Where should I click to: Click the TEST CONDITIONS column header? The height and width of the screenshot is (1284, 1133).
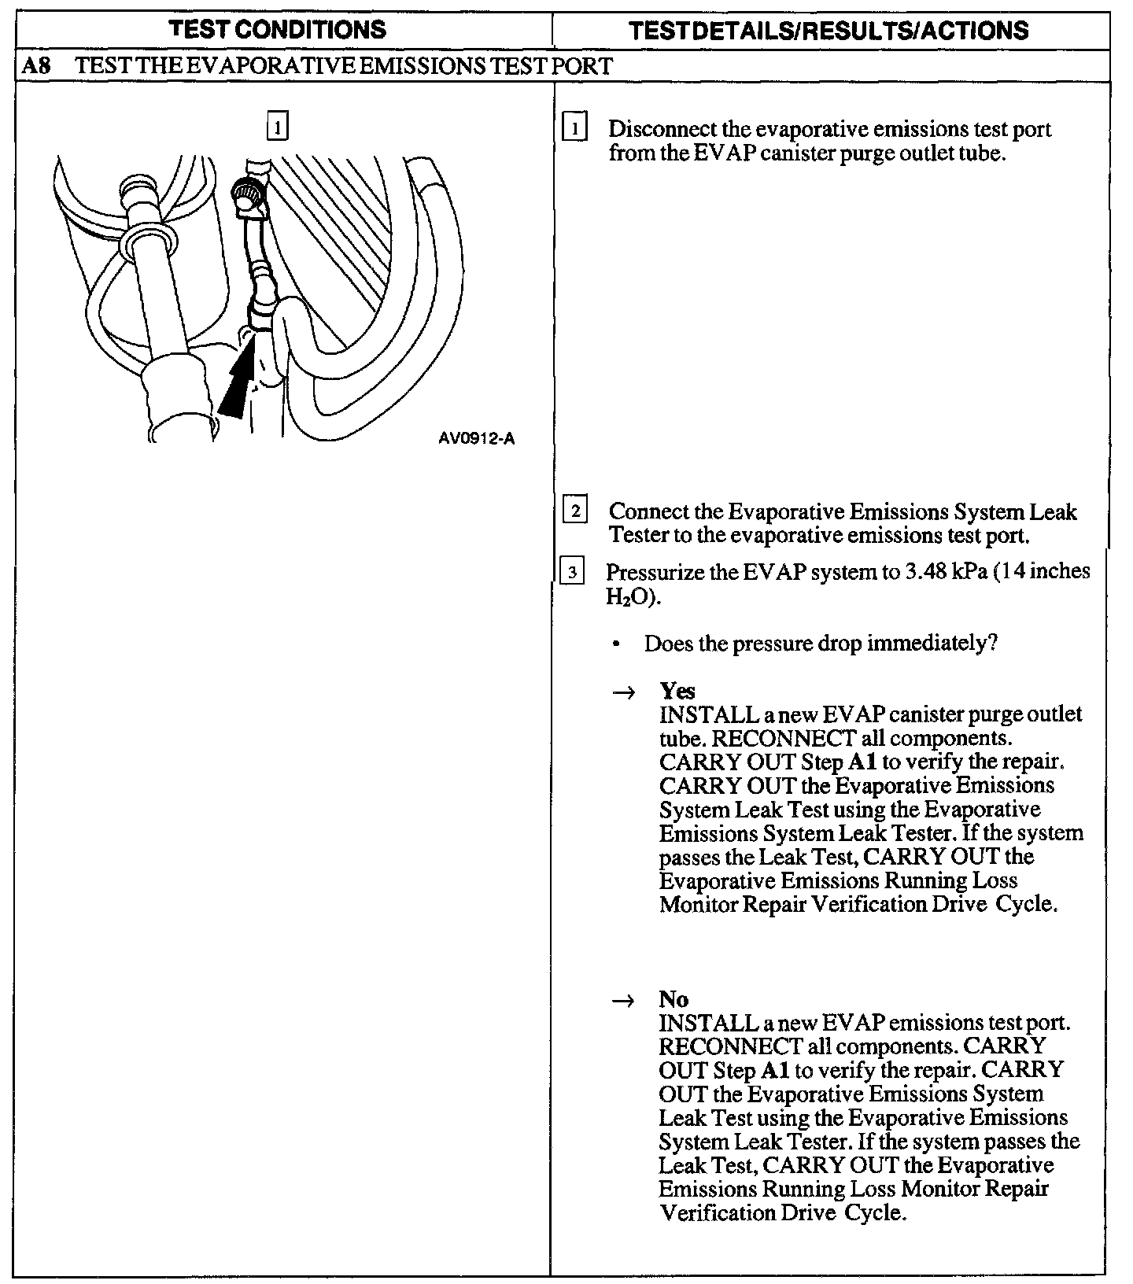click(x=279, y=30)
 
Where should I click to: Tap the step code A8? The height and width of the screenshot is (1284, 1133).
click(x=36, y=66)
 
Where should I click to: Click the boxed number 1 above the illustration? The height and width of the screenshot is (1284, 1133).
click(x=278, y=127)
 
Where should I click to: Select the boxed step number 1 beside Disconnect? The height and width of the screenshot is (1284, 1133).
click(x=575, y=127)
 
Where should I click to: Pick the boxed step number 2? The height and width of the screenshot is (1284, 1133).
click(x=575, y=511)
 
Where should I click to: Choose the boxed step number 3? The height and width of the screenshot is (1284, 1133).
click(x=572, y=572)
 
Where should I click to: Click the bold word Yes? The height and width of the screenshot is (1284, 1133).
click(x=677, y=691)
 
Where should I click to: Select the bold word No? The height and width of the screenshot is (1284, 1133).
click(x=674, y=999)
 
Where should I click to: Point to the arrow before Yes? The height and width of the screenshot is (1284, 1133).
click(x=623, y=692)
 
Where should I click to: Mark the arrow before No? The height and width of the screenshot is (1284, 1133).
click(x=623, y=1001)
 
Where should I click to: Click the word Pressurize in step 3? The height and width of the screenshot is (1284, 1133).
click(x=655, y=572)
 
